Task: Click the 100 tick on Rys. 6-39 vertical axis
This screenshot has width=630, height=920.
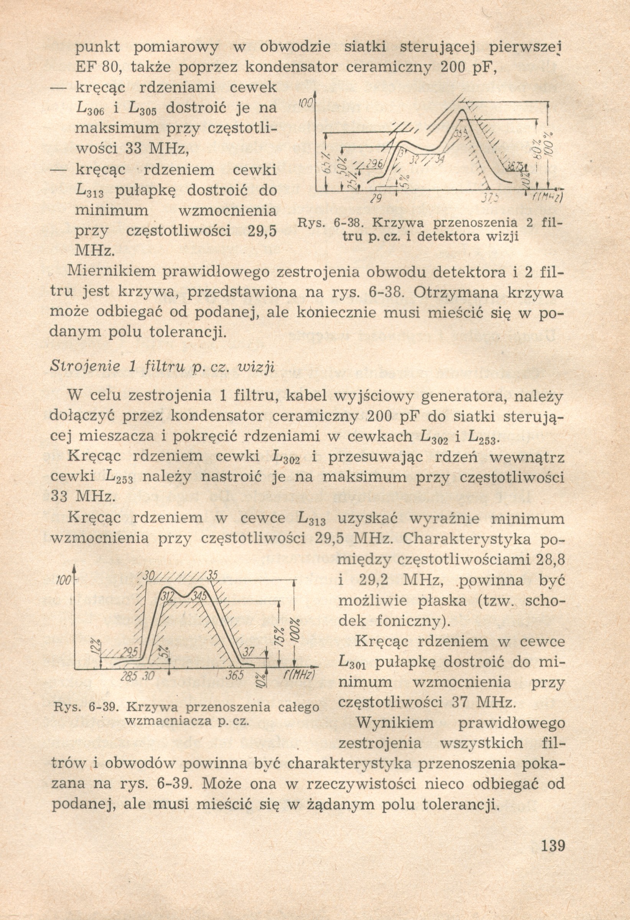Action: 63,581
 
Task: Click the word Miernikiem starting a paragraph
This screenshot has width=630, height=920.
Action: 112,272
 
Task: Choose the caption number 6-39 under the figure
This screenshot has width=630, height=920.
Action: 105,707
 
